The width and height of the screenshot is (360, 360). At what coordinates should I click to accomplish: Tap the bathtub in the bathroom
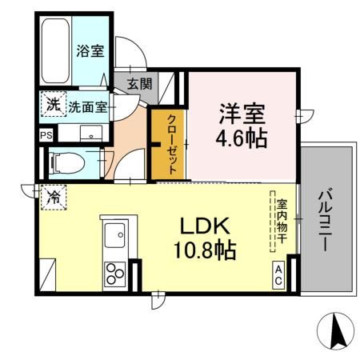click(55, 50)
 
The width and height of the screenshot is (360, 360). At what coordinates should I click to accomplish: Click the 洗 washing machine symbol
click(51, 105)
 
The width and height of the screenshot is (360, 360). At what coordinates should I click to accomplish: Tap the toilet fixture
click(69, 164)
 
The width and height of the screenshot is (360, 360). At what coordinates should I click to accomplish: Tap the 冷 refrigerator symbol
click(52, 195)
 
